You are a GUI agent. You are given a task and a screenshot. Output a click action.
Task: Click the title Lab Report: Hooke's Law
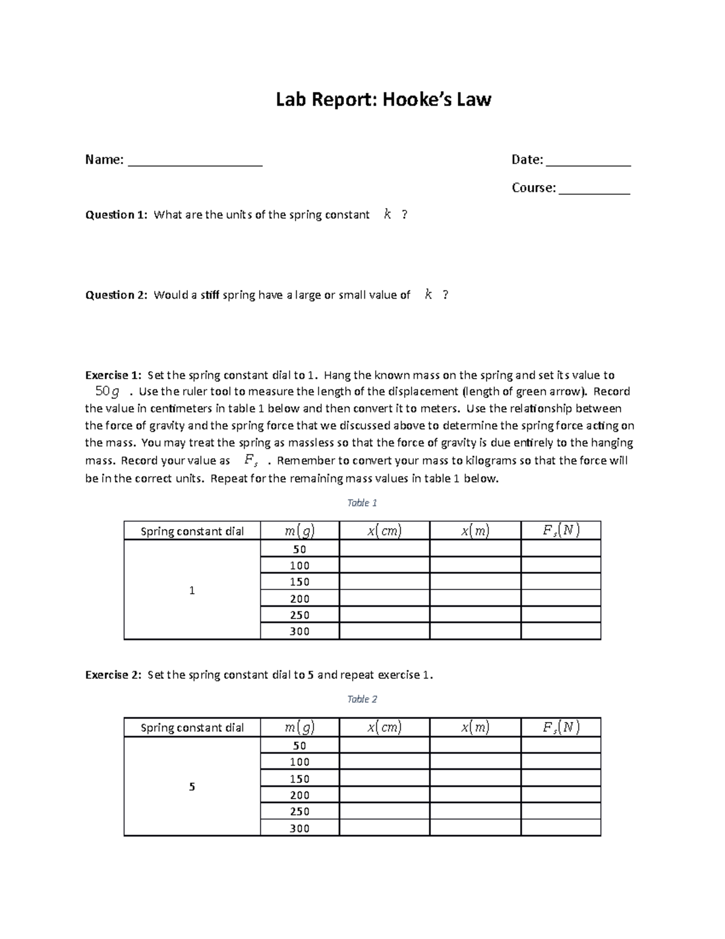[x=384, y=99]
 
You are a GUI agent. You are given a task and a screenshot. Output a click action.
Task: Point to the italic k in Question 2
[x=428, y=294]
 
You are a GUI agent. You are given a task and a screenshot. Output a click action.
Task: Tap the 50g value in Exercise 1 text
[x=108, y=391]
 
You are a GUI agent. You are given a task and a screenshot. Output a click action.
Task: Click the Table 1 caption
[x=362, y=502]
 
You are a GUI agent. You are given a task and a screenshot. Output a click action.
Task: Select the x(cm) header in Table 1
[x=384, y=531]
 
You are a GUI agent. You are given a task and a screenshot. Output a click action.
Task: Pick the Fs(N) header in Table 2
[x=561, y=727]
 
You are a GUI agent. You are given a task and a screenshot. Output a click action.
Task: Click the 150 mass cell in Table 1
[x=300, y=582]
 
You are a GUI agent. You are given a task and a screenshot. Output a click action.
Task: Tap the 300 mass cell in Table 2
[x=300, y=828]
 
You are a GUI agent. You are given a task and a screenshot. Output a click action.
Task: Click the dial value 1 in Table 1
[x=192, y=590]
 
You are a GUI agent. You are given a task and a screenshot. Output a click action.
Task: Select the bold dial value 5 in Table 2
[x=192, y=787]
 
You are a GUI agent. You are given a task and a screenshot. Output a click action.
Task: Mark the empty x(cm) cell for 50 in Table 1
[x=384, y=549]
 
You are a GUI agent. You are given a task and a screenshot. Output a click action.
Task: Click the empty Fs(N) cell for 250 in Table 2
[x=561, y=811]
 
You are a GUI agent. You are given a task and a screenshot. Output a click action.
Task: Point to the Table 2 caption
[x=362, y=699]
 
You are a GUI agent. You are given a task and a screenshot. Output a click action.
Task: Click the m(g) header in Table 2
[x=300, y=727]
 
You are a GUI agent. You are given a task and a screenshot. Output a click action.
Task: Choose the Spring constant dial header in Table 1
[x=192, y=531]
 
